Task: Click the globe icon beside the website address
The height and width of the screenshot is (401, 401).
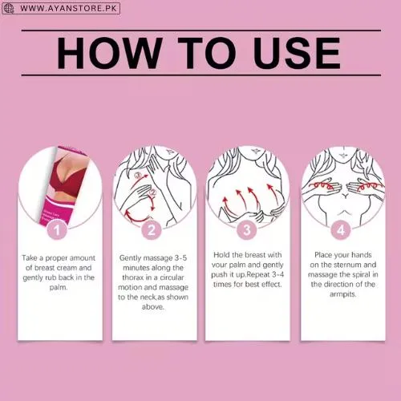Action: [9, 8]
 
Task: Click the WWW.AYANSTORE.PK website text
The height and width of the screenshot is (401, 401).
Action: [68, 8]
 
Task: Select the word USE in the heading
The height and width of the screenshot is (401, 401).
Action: [298, 53]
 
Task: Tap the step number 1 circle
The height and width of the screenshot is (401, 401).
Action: [57, 230]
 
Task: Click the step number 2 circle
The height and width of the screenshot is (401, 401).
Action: [152, 230]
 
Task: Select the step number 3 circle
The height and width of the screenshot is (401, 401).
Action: [247, 230]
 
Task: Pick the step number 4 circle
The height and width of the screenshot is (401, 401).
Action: [341, 230]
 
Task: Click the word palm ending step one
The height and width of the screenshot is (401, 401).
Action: [59, 288]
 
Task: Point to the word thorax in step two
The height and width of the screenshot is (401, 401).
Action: [133, 277]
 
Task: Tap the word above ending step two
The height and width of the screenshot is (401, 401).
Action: [153, 307]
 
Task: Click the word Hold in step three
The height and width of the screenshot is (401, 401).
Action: [221, 255]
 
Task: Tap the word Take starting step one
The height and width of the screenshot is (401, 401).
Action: [30, 258]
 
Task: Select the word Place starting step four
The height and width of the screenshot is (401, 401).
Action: [323, 255]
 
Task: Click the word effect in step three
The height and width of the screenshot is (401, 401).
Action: [272, 284]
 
